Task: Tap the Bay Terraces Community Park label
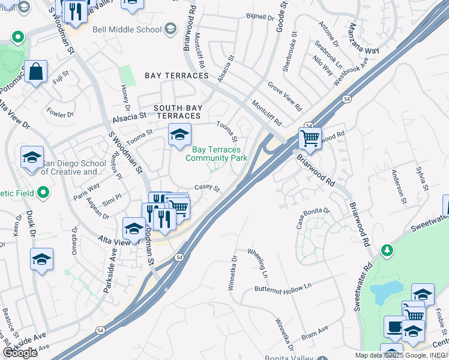(x=216, y=154)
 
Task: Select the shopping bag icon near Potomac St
(x=36, y=72)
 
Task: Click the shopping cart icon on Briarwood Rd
(x=310, y=139)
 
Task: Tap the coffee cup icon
(x=394, y=327)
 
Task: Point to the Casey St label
(x=208, y=188)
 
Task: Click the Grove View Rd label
(x=285, y=96)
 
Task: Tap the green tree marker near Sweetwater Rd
(x=388, y=249)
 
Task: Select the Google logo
(x=20, y=353)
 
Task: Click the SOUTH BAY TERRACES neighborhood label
(x=177, y=112)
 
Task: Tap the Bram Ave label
(x=315, y=332)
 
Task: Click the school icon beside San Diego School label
(x=32, y=158)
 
